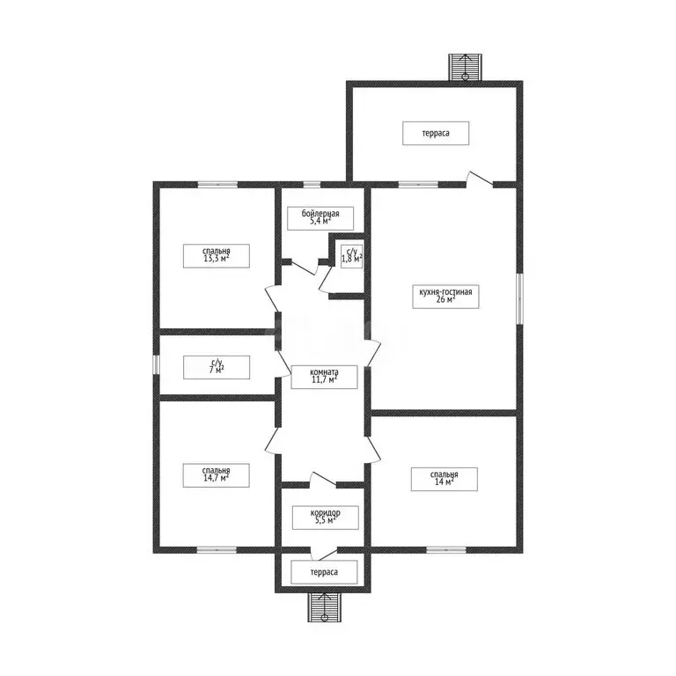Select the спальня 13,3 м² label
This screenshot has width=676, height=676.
pos(216,255)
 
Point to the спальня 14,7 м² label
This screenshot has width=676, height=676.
pos(216,474)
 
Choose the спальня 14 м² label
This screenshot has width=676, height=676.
pos(444,478)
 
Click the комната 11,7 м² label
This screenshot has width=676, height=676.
pos(325,377)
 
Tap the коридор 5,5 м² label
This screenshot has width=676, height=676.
pos(325,518)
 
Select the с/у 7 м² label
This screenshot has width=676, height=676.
pos(216,366)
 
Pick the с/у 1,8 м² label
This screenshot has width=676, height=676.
pos(351,256)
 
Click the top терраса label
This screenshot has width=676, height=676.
pos(436,133)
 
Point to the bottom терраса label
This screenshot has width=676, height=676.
pos(325,571)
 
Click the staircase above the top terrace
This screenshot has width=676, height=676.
pos(465,68)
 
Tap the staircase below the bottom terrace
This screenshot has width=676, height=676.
pos(325,606)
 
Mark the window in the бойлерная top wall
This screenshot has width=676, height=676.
pos(312,184)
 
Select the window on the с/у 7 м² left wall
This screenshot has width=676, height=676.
pos(156,364)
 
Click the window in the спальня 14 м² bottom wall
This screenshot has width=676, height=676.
pos(446,550)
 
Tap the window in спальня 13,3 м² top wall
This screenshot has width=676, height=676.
pos(217,184)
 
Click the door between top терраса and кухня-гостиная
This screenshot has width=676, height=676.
pos(480,179)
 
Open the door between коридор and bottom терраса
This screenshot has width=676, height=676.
pos(323,552)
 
